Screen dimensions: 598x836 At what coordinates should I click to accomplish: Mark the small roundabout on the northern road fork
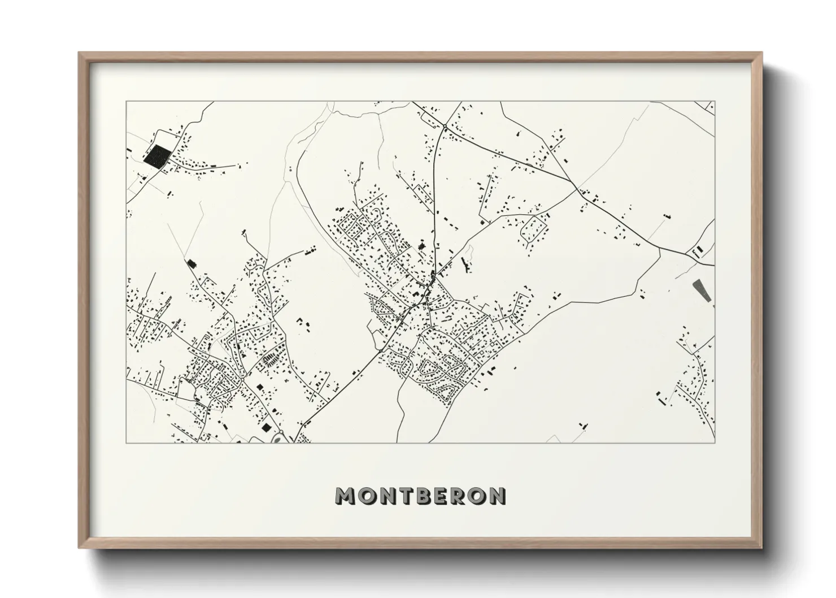445,125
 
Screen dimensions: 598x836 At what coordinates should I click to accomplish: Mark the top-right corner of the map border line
714,102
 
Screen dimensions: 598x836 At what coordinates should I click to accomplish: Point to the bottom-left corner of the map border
127,443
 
